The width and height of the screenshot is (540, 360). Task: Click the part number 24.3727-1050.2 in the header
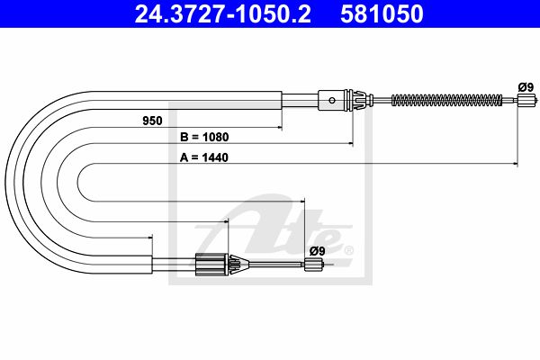pyautogui.click(x=223, y=13)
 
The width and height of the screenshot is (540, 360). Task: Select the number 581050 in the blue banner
pyautogui.click(x=382, y=13)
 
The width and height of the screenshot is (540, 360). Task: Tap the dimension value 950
pyautogui.click(x=152, y=121)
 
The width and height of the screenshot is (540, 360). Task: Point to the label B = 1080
pyautogui.click(x=204, y=137)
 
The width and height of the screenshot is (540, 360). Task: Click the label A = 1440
pyautogui.click(x=204, y=157)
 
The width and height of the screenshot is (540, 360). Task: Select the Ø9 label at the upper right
pyautogui.click(x=526, y=87)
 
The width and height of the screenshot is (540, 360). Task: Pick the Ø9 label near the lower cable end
pyautogui.click(x=317, y=251)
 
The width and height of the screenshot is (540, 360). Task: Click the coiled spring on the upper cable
pyautogui.click(x=446, y=100)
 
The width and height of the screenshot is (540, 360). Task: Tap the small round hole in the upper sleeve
pyautogui.click(x=332, y=100)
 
